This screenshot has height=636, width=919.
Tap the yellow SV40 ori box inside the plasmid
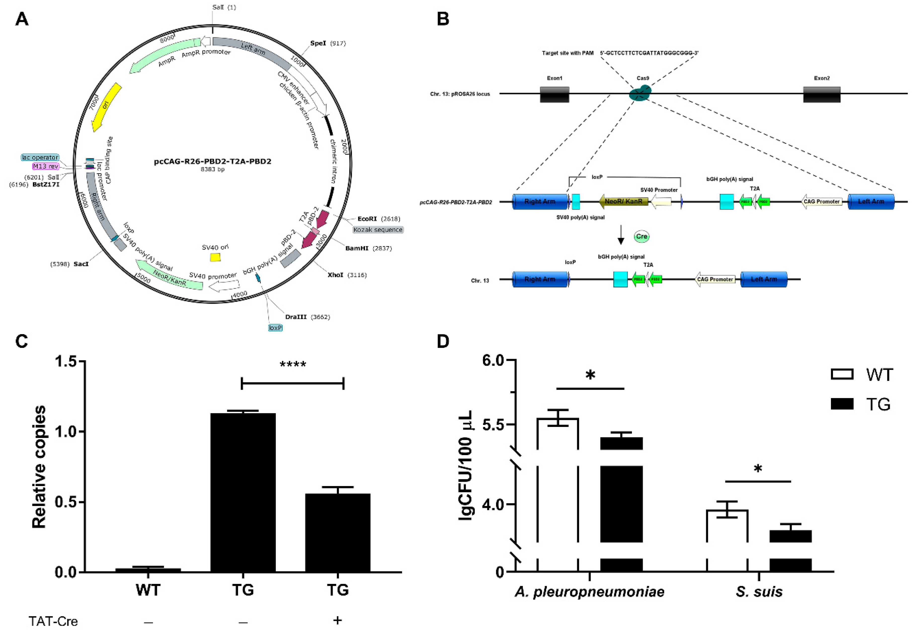[215, 257]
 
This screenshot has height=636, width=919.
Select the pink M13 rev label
[46, 166]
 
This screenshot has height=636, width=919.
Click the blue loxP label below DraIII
[275, 328]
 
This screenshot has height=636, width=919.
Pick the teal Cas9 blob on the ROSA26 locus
[640, 94]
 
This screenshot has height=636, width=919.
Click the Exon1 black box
[554, 94]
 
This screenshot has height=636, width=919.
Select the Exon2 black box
[821, 94]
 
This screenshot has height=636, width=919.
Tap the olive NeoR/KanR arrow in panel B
[623, 202]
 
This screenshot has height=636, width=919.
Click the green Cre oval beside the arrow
[641, 236]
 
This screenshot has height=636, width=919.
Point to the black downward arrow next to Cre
[620, 235]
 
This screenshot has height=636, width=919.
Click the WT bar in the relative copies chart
[148, 570]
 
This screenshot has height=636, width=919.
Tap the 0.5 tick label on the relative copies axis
[65, 502]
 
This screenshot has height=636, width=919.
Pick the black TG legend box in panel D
[842, 404]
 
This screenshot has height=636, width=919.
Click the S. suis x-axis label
[759, 592]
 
